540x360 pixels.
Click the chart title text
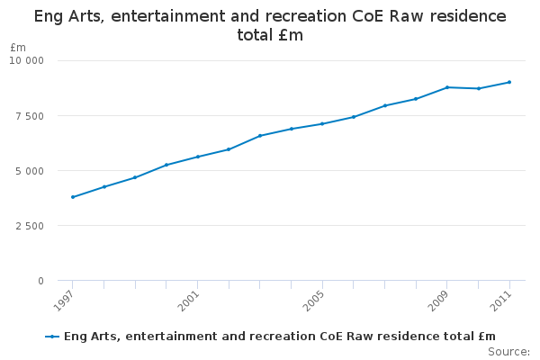pos(270,25)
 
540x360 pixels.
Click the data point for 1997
pos(73,197)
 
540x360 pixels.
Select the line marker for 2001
pos(198,157)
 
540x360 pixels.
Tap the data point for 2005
pos(322,123)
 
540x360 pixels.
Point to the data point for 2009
pos(447,87)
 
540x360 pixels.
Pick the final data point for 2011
pos(509,82)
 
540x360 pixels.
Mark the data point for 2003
pos(260,136)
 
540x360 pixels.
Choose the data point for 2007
pos(385,105)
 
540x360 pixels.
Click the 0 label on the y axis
pos(40,281)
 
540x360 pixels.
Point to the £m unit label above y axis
pos(18,47)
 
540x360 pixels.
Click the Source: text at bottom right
pos(509,352)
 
